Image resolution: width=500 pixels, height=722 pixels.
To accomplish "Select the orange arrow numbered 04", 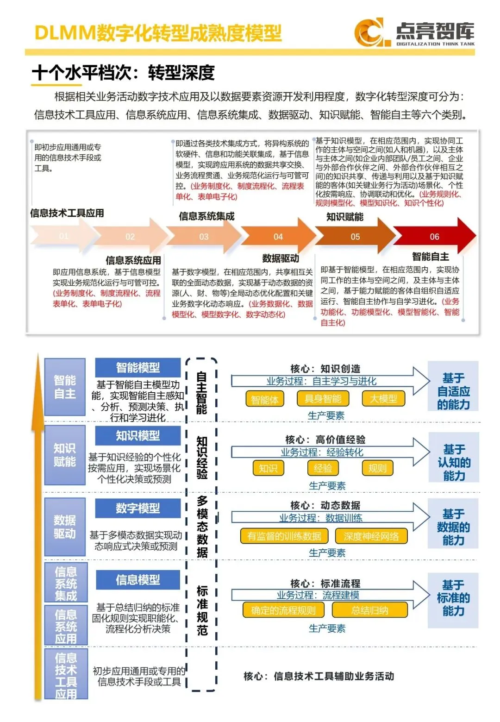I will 278,237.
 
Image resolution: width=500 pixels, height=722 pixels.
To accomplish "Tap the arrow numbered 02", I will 130,237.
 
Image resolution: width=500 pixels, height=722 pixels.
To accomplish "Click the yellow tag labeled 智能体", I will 264,399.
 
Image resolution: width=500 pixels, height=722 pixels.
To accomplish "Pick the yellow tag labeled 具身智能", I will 323,399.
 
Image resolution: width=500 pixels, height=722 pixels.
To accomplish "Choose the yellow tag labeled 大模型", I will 384,399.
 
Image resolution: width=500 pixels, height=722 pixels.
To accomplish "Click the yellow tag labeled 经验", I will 323,468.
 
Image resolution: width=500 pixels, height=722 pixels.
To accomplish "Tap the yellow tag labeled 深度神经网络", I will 371,536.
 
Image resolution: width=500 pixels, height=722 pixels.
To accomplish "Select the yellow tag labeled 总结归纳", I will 370,610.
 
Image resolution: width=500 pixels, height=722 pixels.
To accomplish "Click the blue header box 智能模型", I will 138,368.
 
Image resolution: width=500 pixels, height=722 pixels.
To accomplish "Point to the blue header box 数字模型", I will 138,508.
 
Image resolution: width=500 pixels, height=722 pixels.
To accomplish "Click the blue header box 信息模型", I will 138,579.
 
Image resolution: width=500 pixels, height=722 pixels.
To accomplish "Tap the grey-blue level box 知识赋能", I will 65,455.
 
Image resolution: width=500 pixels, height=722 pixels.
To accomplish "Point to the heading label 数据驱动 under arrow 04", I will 281,258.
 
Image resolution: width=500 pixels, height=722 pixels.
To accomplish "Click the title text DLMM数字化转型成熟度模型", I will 158,33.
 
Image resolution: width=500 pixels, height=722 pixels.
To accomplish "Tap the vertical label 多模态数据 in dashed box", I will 202,527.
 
